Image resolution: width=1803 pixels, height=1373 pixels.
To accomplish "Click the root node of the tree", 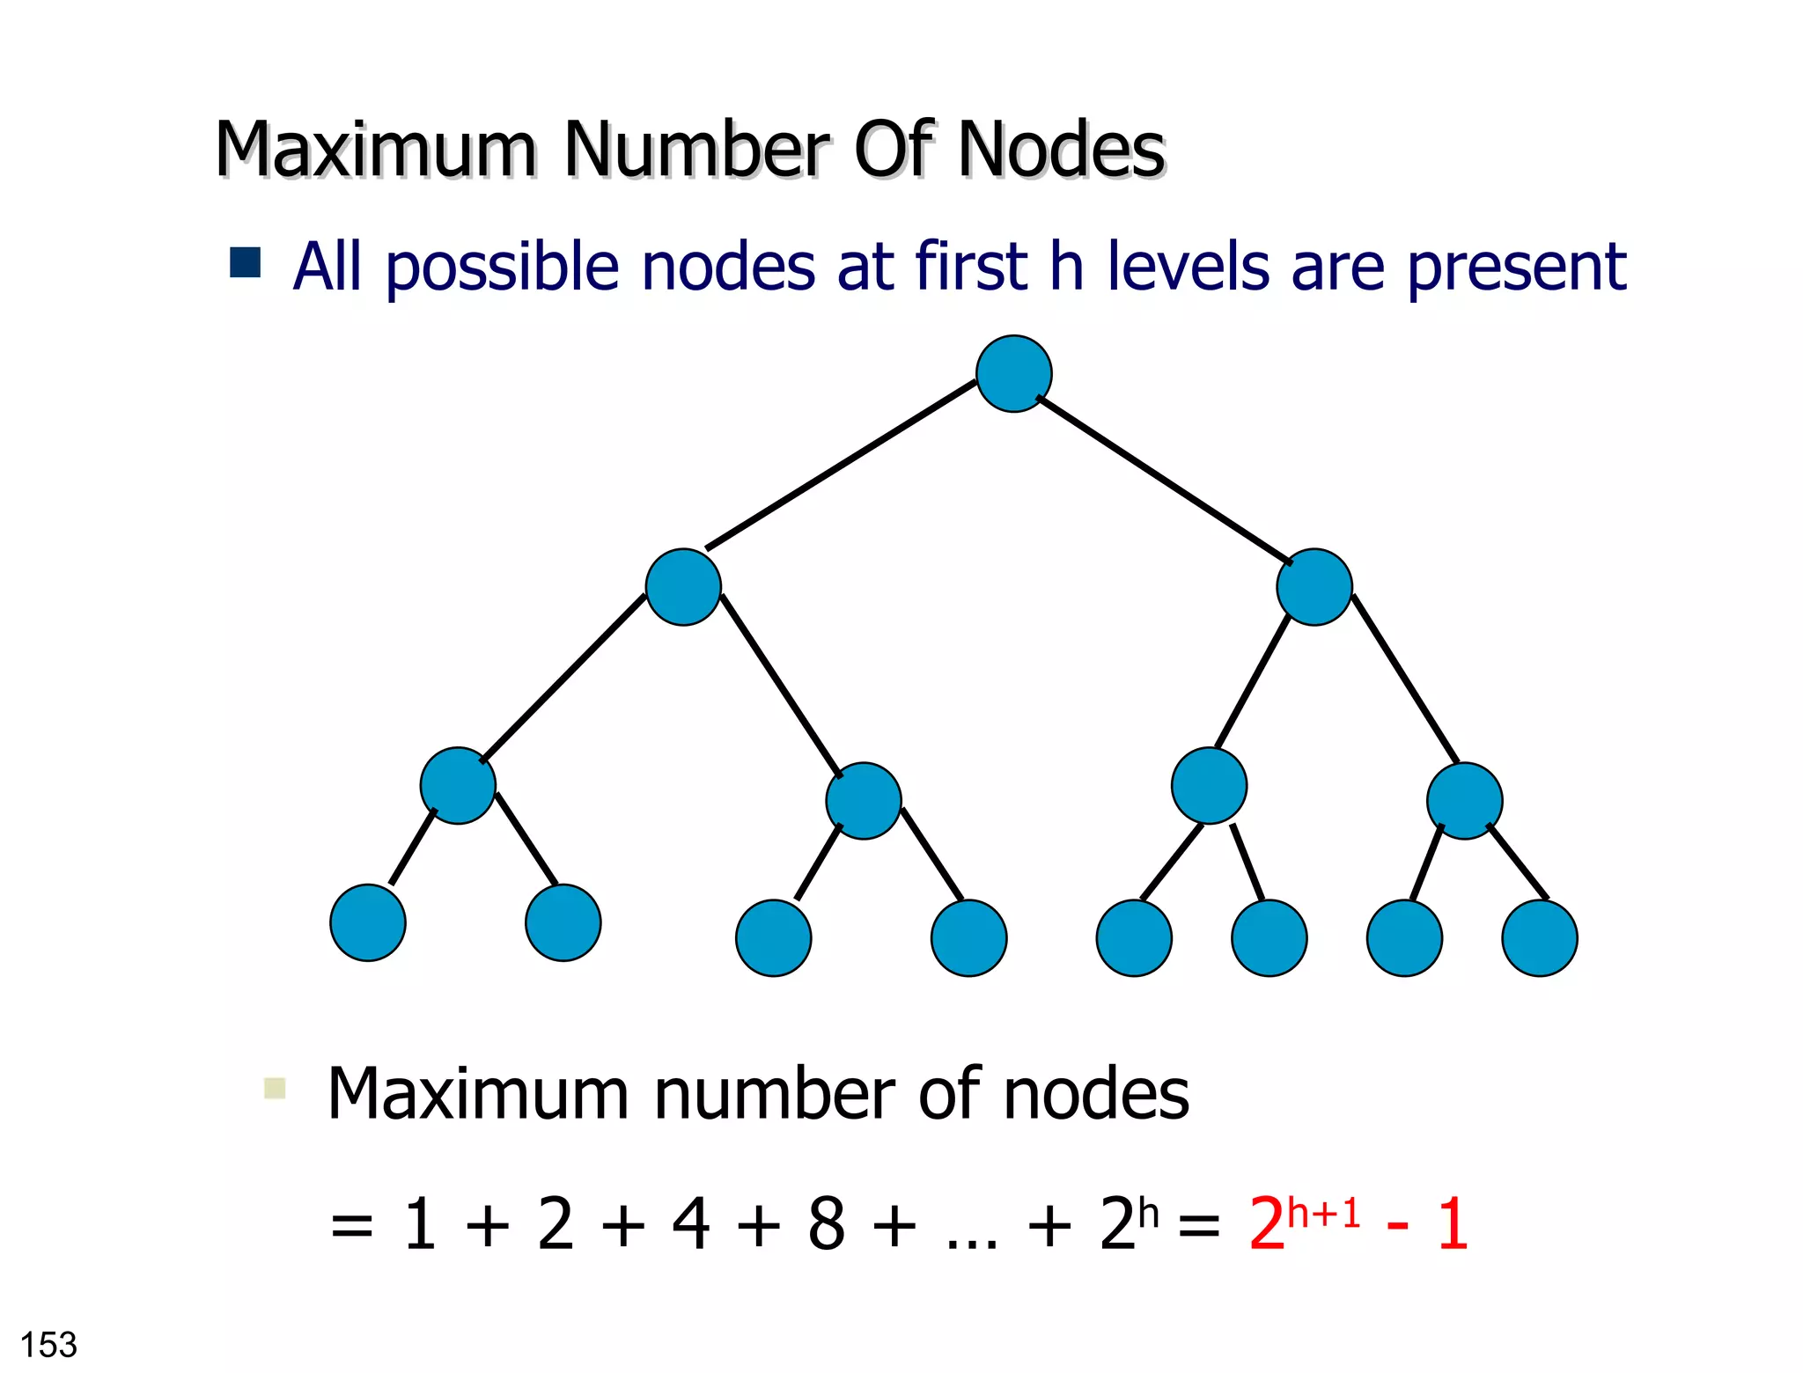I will pos(1013,374).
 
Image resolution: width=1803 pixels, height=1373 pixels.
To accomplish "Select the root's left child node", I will pos(683,587).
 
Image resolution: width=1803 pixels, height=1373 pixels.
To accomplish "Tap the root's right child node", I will pos(1314,587).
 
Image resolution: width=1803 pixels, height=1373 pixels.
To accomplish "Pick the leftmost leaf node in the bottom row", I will pos(368,922).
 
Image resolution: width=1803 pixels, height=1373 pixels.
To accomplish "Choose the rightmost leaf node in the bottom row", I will pos(1539,938).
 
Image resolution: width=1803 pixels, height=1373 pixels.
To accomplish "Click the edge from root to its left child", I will pos(841,466).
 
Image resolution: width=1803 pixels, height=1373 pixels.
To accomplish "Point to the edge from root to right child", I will pos(1164,480).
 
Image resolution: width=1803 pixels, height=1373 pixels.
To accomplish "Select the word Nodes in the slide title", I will pos(1062,150).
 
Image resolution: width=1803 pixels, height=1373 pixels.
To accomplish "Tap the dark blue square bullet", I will pos(245,262).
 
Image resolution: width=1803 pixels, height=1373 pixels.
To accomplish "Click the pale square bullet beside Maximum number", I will pos(275,1089).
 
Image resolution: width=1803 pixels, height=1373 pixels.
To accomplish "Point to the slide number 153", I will pos(48,1345).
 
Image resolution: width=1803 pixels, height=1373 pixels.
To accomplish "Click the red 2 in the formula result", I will pos(1266,1224).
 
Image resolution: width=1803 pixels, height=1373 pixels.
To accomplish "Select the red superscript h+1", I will pos(1323,1214).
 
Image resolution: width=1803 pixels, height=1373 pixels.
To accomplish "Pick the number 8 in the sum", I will pos(827,1224).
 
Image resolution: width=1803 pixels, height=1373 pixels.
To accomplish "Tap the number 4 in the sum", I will pos(691,1224).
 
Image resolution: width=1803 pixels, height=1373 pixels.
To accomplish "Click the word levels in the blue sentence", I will pos(1189,266).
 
